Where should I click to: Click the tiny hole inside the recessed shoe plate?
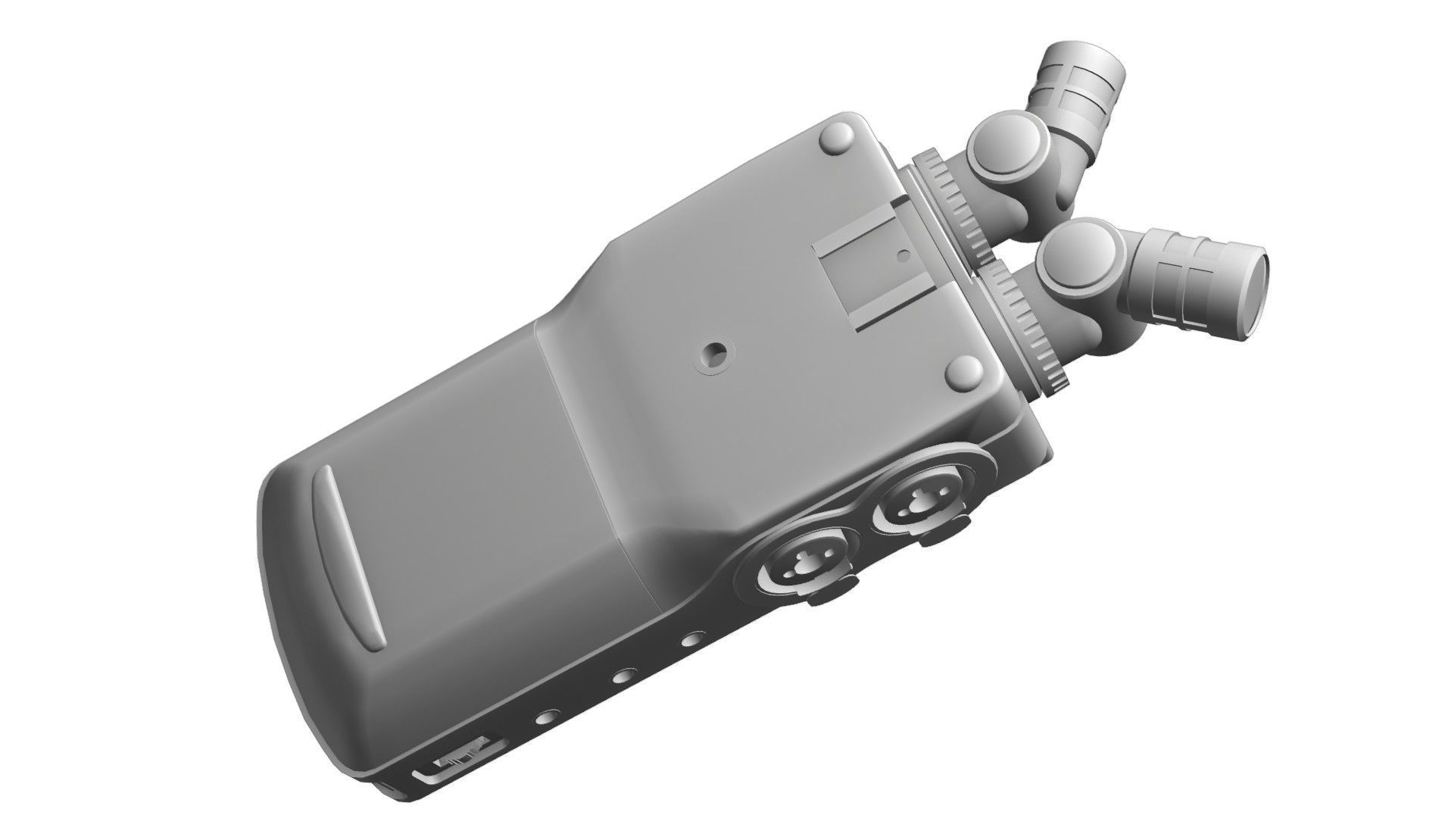click(x=900, y=256)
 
